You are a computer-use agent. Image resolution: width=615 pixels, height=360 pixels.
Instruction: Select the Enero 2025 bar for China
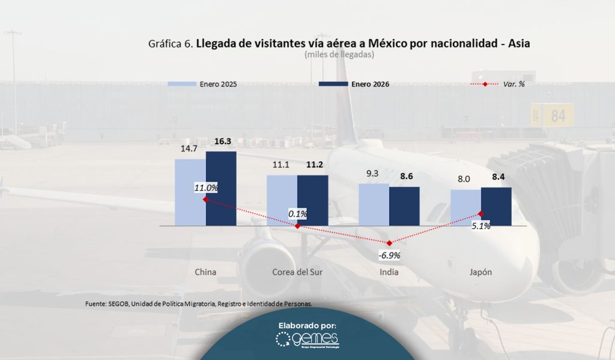click(190, 192)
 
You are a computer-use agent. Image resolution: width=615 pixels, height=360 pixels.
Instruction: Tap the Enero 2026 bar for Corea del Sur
click(312, 200)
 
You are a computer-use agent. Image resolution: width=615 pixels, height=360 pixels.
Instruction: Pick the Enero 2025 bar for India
click(374, 204)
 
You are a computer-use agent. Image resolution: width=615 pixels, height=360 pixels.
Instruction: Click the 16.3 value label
click(222, 142)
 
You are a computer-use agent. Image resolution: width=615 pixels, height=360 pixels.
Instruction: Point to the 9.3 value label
click(372, 174)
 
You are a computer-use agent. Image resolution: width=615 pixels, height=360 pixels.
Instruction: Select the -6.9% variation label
click(389, 255)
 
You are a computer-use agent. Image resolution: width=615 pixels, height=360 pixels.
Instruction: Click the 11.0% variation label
click(205, 188)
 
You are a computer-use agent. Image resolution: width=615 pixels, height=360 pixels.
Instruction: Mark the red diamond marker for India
click(389, 243)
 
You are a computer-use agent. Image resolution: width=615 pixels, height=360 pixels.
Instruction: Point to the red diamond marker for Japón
click(481, 214)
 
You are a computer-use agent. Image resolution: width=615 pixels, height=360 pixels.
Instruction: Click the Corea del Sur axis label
click(297, 272)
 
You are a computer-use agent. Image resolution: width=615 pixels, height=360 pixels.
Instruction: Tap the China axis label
click(205, 272)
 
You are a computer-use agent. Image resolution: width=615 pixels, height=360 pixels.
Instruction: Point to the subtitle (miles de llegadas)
click(339, 55)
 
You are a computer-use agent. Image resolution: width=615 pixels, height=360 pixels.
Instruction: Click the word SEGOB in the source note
click(120, 304)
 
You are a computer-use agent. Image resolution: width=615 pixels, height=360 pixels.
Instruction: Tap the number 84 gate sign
click(558, 116)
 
